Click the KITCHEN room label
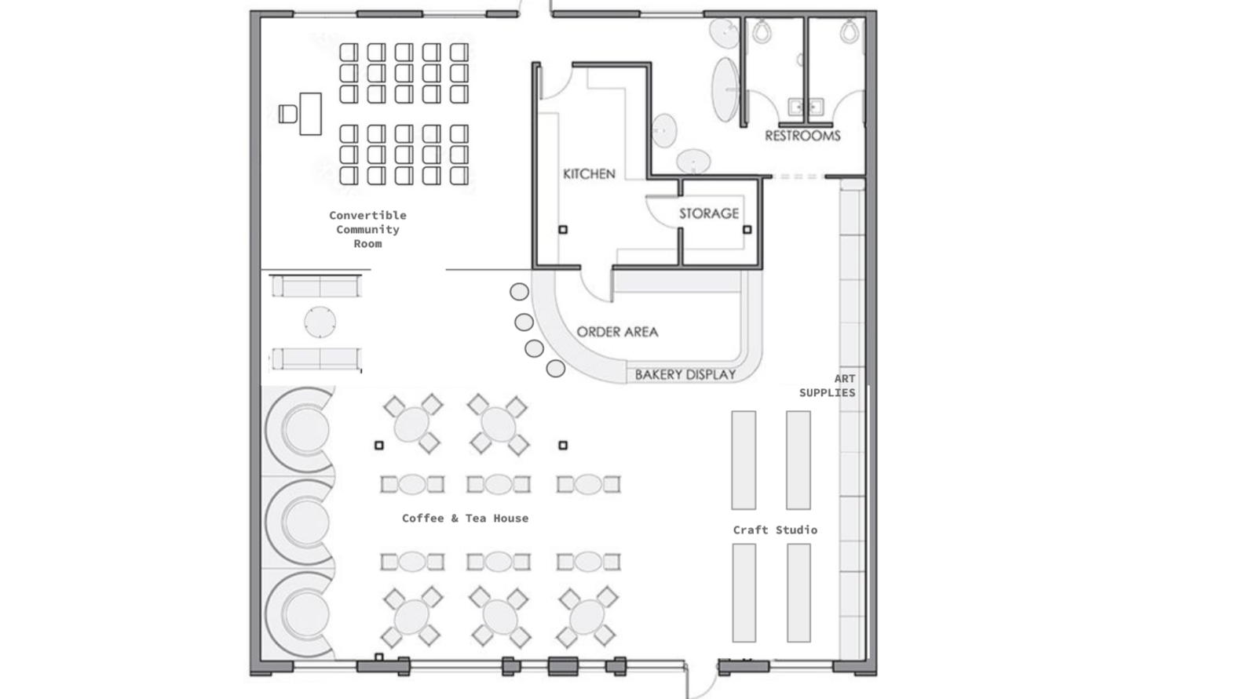coord(589,174)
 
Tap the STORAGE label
coord(709,213)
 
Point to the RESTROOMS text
coord(802,136)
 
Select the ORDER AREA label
coord(617,332)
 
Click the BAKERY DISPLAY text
coord(685,375)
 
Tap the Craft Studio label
coord(775,530)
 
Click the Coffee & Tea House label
coord(465,519)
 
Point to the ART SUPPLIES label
coord(828,386)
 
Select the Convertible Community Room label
coord(367,229)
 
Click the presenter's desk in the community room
coord(311,114)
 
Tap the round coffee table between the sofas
coord(320,322)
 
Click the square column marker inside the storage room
coord(747,229)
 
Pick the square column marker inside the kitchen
coord(563,229)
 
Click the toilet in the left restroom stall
coord(762,31)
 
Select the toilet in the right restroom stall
coord(850,31)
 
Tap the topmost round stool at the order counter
coord(519,292)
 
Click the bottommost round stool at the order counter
coord(556,369)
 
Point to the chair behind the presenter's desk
coord(287,114)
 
